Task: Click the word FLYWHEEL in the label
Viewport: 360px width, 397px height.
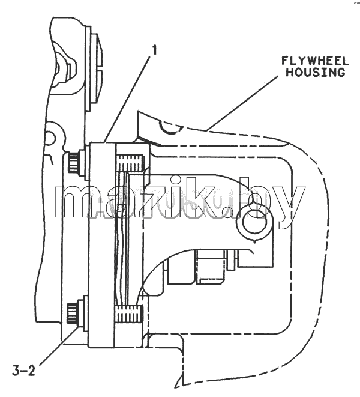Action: [315, 61]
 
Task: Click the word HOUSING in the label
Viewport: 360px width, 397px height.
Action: [316, 73]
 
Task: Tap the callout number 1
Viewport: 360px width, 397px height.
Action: [154, 50]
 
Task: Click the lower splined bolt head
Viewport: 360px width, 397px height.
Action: [72, 314]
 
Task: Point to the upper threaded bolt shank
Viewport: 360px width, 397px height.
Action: [130, 163]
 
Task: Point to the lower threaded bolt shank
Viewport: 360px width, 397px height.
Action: [128, 314]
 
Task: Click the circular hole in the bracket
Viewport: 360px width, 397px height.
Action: [254, 222]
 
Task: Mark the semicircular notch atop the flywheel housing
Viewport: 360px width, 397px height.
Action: [171, 129]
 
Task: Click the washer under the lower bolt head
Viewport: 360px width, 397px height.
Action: [81, 314]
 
